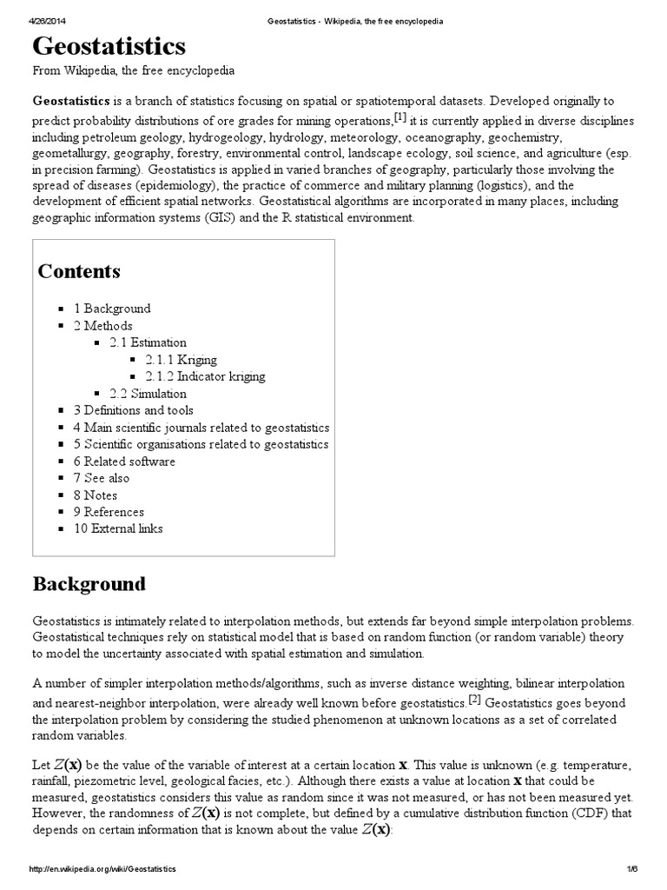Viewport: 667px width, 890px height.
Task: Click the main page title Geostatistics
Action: point(109,46)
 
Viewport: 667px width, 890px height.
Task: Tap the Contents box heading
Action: point(79,271)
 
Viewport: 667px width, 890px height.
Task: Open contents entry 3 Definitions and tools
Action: point(133,410)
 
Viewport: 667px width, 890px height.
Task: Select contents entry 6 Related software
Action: point(124,462)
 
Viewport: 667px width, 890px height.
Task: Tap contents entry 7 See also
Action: point(102,478)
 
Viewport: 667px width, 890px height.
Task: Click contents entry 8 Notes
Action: point(96,495)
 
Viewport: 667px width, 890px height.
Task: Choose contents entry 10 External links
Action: point(118,528)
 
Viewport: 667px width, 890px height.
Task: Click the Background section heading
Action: point(89,584)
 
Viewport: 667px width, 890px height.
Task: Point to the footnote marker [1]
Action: point(400,116)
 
